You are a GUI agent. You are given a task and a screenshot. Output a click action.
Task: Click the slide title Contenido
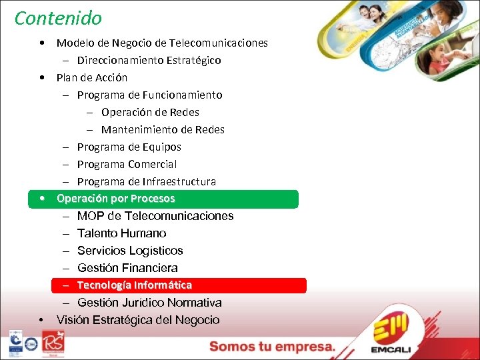59,18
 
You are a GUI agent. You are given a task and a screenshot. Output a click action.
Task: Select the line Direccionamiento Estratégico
149,60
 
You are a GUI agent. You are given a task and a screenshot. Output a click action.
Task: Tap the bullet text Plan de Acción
92,77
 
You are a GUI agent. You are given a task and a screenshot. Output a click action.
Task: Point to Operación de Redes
150,112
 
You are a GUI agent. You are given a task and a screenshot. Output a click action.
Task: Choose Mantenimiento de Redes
163,129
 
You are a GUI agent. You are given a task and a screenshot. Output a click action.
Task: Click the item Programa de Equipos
129,147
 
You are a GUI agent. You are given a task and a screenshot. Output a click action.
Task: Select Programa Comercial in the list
127,164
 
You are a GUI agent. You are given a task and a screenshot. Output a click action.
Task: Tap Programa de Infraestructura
146,181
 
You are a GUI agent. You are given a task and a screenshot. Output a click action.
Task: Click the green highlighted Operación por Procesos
116,199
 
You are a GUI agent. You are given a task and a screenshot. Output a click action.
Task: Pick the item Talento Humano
121,233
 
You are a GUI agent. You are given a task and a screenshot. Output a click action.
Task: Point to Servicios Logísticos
130,251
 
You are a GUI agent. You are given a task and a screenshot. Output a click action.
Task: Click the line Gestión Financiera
127,268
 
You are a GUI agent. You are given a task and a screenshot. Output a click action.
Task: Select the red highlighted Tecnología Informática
134,285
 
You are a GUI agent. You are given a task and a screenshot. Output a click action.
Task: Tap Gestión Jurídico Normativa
149,303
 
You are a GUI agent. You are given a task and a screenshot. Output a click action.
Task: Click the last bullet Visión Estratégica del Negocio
138,320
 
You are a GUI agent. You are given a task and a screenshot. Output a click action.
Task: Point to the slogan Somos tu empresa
272,347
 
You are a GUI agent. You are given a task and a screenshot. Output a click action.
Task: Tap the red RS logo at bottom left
53,343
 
